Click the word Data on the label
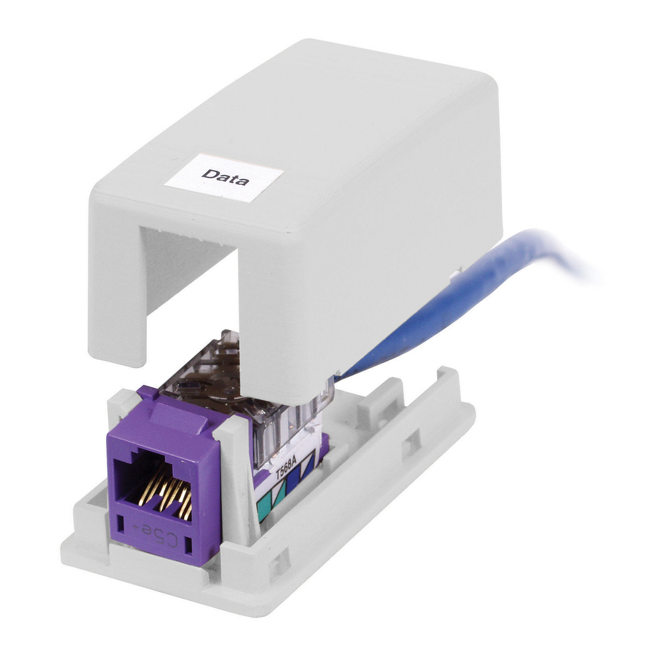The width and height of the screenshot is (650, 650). tap(225, 176)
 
